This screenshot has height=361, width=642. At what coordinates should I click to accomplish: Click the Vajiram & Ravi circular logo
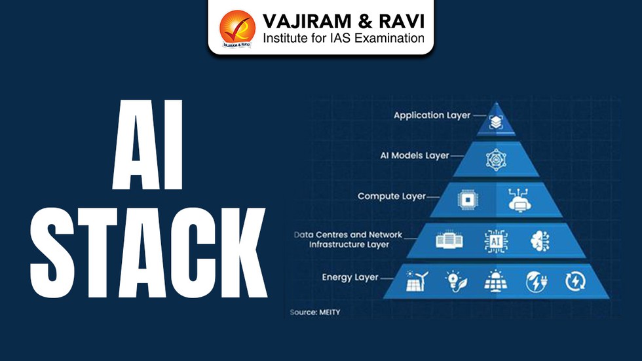pyautogui.click(x=236, y=28)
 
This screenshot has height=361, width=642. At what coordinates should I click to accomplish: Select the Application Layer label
pyautogui.click(x=432, y=115)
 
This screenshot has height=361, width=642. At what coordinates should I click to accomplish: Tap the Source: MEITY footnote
pyautogui.click(x=314, y=313)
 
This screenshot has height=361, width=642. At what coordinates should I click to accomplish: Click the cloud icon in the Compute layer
pyautogui.click(x=521, y=200)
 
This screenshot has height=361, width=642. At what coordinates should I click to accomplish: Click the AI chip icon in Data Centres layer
pyautogui.click(x=495, y=240)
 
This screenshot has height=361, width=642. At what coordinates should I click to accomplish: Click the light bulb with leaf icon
pyautogui.click(x=454, y=282)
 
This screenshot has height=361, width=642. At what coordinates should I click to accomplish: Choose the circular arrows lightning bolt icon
pyautogui.click(x=575, y=282)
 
